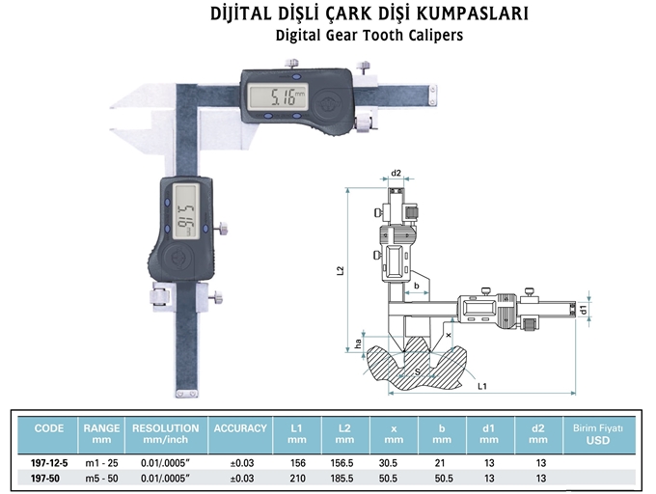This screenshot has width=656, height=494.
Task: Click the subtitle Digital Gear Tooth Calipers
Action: click(369, 36)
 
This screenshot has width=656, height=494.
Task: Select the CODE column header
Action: click(48, 427)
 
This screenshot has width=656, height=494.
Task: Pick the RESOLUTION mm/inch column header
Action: click(165, 432)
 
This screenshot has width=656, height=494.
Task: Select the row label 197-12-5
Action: click(48, 462)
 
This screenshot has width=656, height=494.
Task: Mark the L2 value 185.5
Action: click(343, 478)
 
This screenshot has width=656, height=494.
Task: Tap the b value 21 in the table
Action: click(442, 462)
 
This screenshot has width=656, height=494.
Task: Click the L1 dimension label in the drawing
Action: click(480, 385)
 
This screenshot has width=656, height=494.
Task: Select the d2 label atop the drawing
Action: click(396, 174)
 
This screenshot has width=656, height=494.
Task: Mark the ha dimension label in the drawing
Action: click(356, 343)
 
